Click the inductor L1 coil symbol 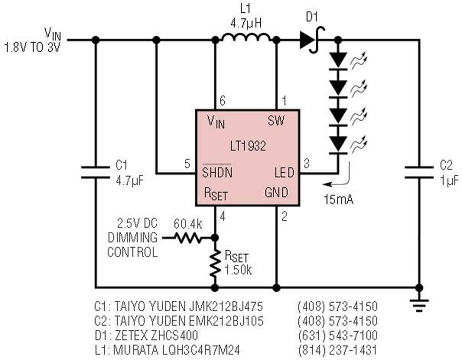click(x=246, y=37)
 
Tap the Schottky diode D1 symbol click(x=312, y=39)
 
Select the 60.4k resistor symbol click(x=188, y=238)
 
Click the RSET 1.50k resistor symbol click(x=215, y=263)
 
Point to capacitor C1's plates click(x=95, y=172)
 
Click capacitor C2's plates click(x=419, y=172)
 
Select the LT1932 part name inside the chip click(x=248, y=146)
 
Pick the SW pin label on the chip click(x=276, y=120)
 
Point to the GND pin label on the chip click(x=276, y=192)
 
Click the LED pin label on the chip click(x=284, y=172)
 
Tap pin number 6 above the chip click(x=222, y=101)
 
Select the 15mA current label click(x=338, y=199)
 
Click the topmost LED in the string click(x=338, y=61)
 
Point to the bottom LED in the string click(x=338, y=145)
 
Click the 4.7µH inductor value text click(x=246, y=23)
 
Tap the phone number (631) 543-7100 click(x=338, y=335)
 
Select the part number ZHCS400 click(x=174, y=335)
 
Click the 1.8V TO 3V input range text click(x=32, y=47)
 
